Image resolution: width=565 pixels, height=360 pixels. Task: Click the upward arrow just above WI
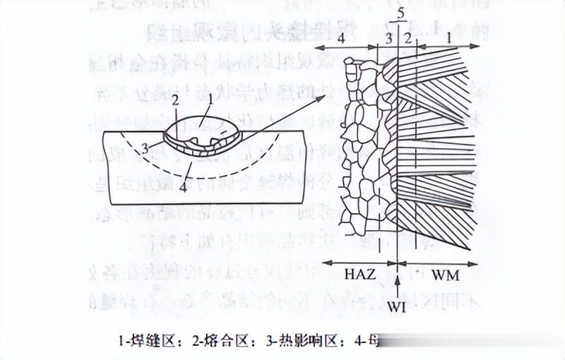tap(400, 285)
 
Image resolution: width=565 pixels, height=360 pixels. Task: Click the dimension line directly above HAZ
tap(361, 262)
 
